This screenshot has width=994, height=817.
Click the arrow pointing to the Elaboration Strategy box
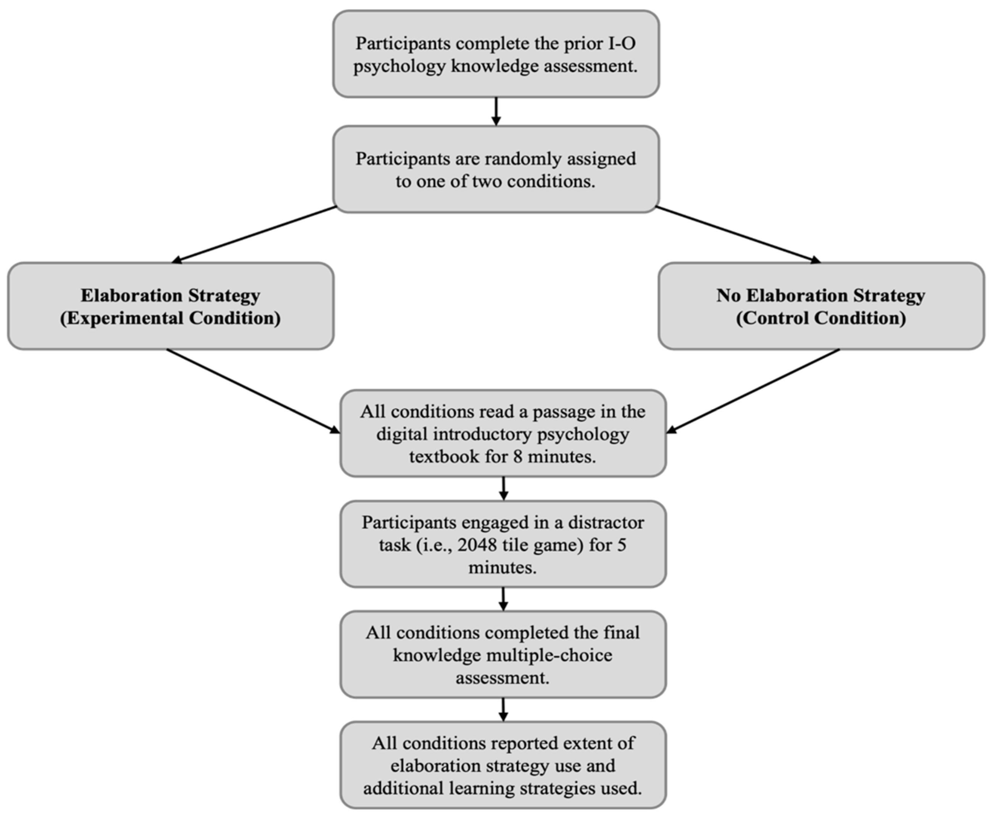254,234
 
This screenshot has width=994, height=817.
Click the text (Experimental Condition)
171,318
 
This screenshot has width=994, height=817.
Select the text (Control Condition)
821,318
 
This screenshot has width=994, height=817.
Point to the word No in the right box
728,296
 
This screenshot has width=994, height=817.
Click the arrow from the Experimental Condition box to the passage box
253,390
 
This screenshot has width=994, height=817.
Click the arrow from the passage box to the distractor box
503,489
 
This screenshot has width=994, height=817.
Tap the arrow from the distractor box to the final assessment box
503,598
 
